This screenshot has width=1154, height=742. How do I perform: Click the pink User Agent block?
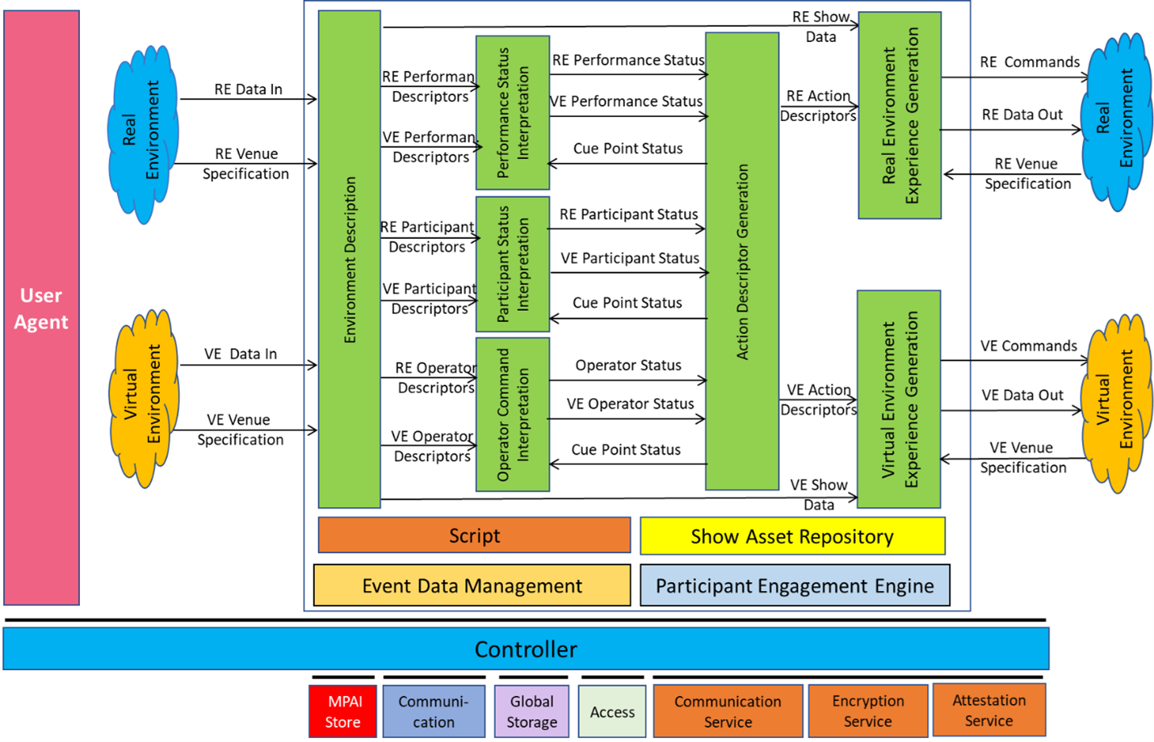42,308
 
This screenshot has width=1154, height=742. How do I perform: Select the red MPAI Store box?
342,711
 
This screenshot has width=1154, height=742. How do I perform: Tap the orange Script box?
474,535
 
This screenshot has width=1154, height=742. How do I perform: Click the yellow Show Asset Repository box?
792,536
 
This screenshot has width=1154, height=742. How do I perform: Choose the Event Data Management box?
472,585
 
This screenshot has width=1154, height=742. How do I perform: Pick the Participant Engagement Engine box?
795,585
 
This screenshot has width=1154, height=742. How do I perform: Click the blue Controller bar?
526,649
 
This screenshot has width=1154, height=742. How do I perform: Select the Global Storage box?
531,711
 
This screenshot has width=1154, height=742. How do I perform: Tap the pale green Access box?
612,711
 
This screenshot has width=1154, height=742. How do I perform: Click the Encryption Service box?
868,711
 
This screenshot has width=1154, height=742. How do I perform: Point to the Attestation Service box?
989,710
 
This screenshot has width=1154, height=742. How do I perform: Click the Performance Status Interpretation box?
513,113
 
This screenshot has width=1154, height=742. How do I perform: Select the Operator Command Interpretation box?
513,414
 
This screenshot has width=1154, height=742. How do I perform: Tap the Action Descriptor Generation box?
742,261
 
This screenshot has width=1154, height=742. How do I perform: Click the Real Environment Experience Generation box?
900,115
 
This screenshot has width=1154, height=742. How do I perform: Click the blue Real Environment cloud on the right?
1116,122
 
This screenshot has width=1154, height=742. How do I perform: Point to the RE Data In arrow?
248,99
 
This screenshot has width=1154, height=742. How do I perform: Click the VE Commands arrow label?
1028,346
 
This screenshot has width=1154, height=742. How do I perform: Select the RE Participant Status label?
628,214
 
